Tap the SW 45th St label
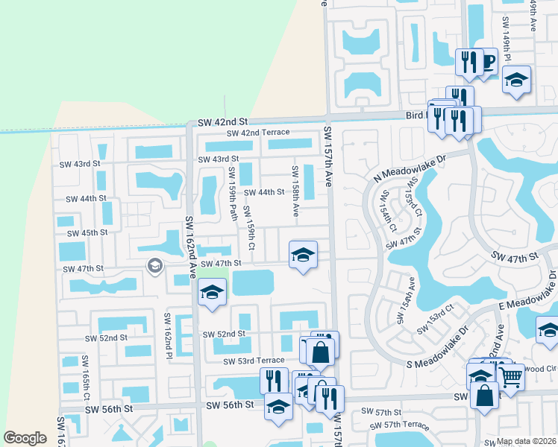click(84, 232)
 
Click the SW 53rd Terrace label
click(255, 361)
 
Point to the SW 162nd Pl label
click(169, 333)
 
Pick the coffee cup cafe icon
click(487, 61)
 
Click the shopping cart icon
click(510, 377)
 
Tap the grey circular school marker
click(154, 265)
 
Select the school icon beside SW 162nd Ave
click(212, 293)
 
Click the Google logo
click(25, 438)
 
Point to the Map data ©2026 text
click(527, 441)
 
